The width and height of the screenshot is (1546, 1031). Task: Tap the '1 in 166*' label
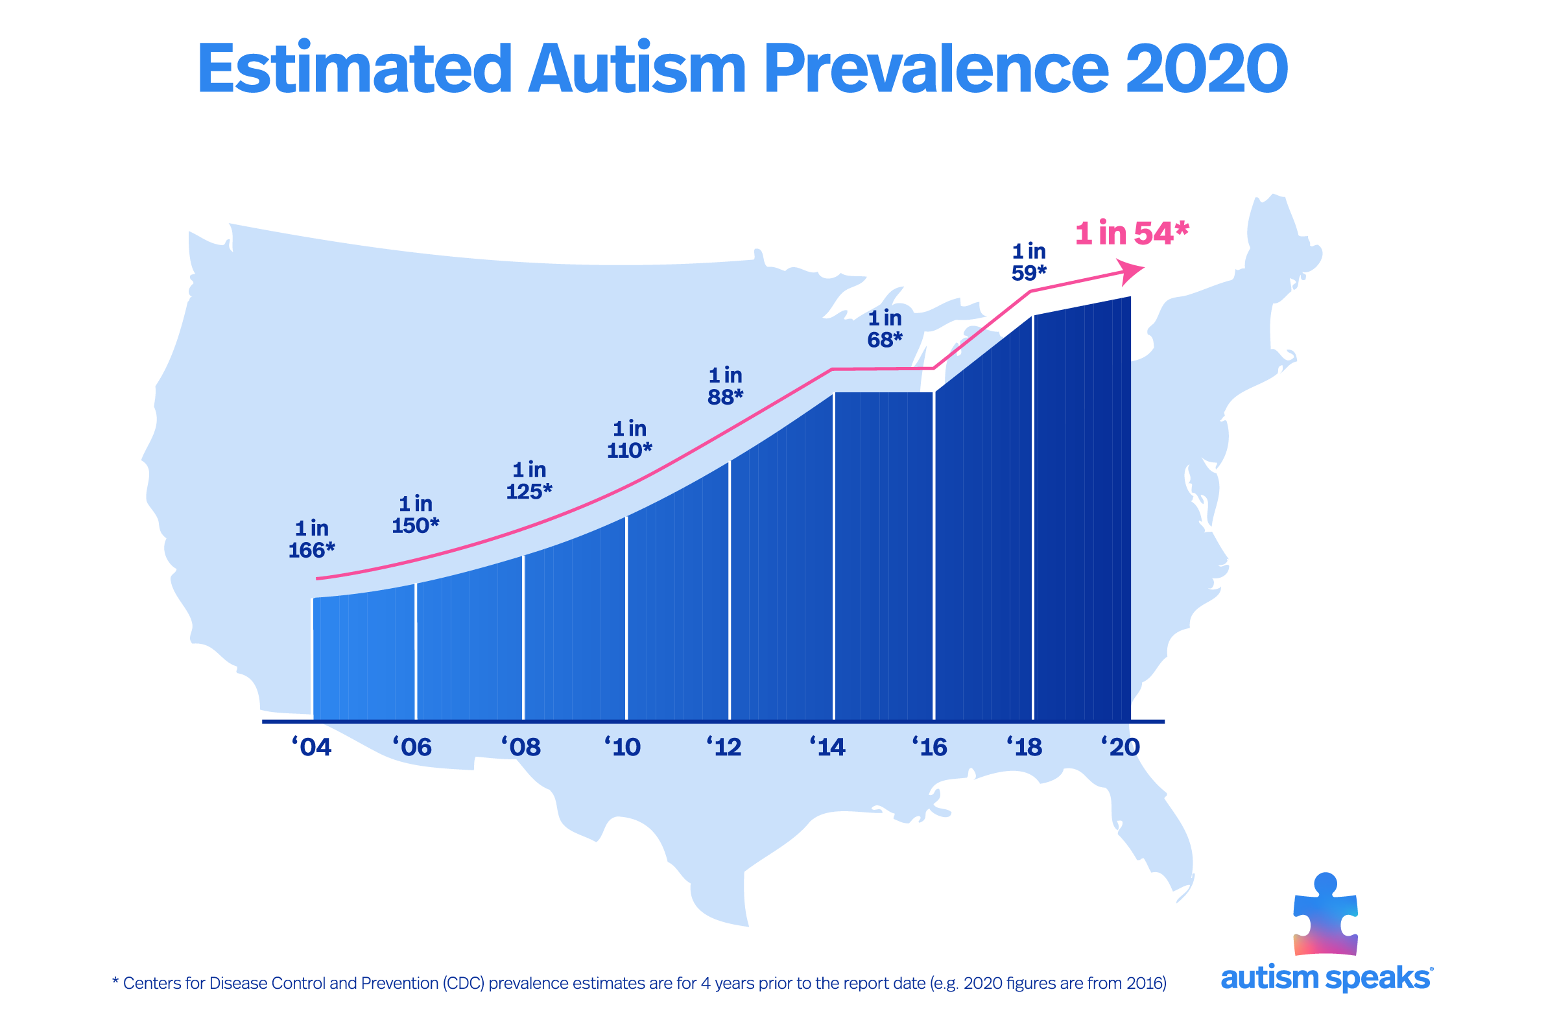pos(312,539)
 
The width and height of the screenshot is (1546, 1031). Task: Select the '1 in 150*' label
pos(416,515)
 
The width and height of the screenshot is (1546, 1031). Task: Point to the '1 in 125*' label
pos(529,480)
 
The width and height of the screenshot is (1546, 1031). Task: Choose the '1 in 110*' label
pos(629,439)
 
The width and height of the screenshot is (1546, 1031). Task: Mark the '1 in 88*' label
pos(725,386)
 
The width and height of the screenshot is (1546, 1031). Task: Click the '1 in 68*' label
pos(885,329)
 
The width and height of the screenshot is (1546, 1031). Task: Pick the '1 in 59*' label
pos(1029,262)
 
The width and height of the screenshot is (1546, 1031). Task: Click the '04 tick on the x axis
pos(312,748)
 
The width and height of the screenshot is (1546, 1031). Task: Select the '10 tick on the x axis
pos(622,748)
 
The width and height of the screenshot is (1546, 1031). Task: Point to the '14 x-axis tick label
pos(827,748)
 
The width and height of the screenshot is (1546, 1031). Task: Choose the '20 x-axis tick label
pos(1121,748)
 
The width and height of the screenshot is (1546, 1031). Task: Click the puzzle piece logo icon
pos(1325,916)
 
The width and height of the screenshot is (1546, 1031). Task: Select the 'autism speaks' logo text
pos(1326,978)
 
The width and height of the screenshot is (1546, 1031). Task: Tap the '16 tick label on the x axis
pos(929,748)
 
